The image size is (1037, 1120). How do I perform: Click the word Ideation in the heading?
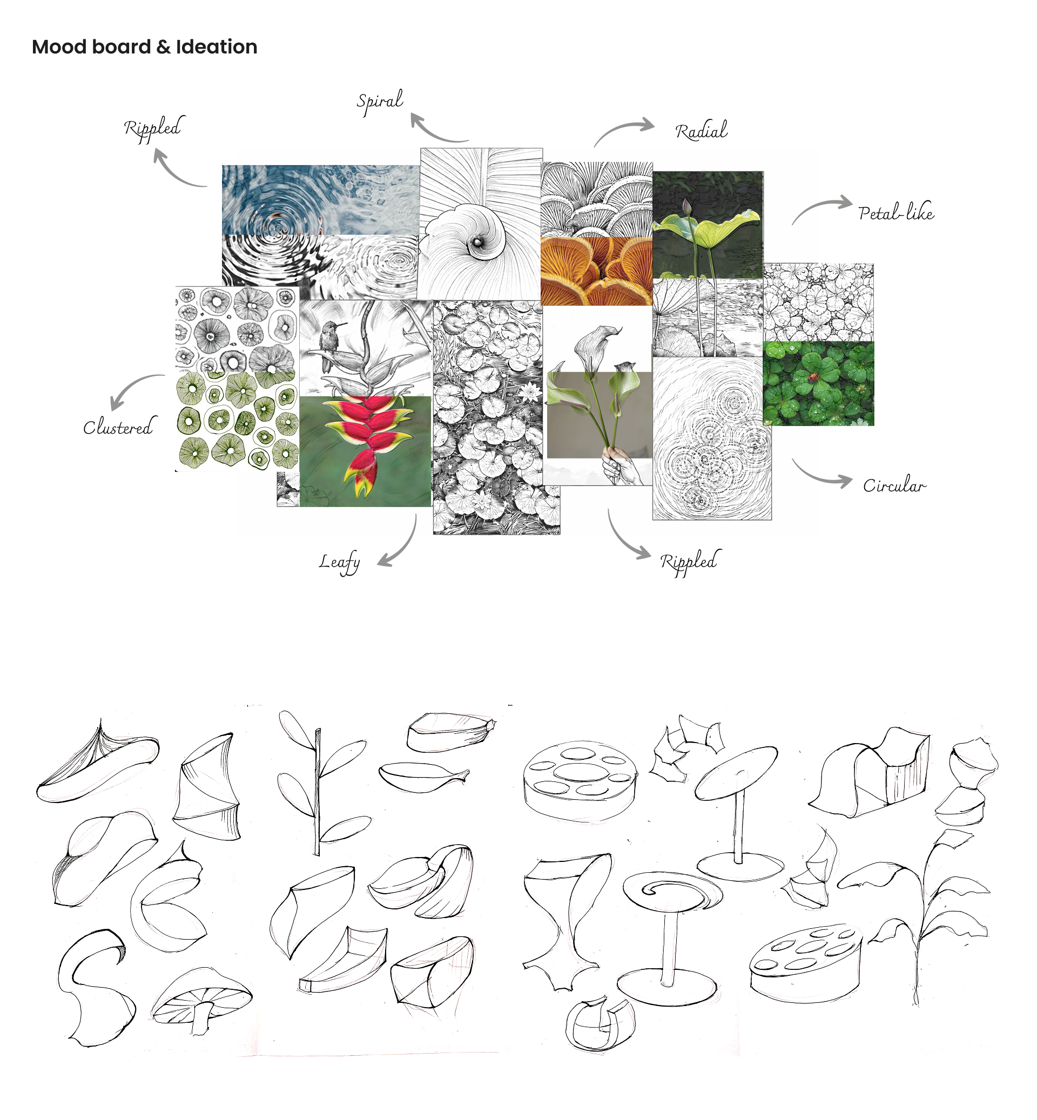tap(217, 47)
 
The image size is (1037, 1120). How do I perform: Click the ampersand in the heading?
tap(163, 47)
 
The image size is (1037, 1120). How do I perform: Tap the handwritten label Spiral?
tap(380, 101)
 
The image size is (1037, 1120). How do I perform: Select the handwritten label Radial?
tap(701, 131)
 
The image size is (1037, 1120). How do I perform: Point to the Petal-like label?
tap(895, 213)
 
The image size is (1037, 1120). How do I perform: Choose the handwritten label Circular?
tap(894, 485)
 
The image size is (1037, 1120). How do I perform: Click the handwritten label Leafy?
tap(340, 562)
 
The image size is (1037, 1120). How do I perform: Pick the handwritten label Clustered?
tap(118, 428)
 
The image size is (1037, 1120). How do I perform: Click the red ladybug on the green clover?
tap(813, 378)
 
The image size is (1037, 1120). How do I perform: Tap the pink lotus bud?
tap(685, 206)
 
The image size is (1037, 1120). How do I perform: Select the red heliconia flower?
tap(368, 437)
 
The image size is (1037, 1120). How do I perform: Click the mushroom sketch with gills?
tap(201, 1000)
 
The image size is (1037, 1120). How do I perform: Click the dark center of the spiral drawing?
tap(477, 242)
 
